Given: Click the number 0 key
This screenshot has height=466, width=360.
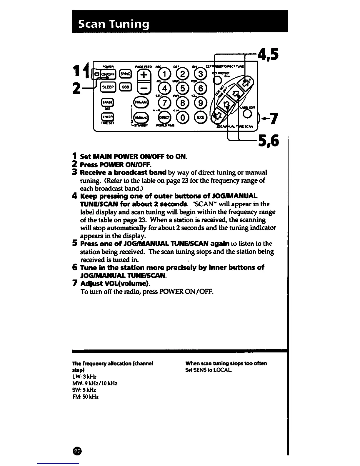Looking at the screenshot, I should pyautogui.click(x=182, y=117).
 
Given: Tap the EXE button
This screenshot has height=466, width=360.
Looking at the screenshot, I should pyautogui.click(x=200, y=117).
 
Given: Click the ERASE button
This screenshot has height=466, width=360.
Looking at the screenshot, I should pyautogui.click(x=106, y=102).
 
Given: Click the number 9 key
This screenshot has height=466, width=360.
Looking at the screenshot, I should pyautogui.click(x=200, y=103).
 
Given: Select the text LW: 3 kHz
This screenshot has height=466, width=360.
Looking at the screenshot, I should pyautogui.click(x=84, y=377).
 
